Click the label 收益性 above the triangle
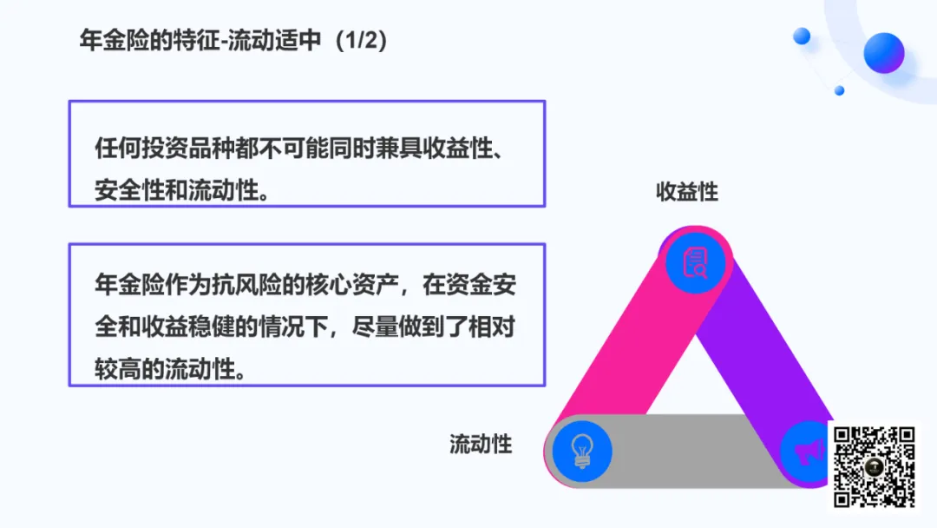click(687, 191)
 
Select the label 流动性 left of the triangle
click(481, 445)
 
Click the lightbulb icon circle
click(580, 451)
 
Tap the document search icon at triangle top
click(696, 261)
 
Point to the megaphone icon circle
click(807, 451)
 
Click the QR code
click(875, 466)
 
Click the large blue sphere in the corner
click(883, 52)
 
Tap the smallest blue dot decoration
click(839, 90)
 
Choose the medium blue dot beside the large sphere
click(802, 36)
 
